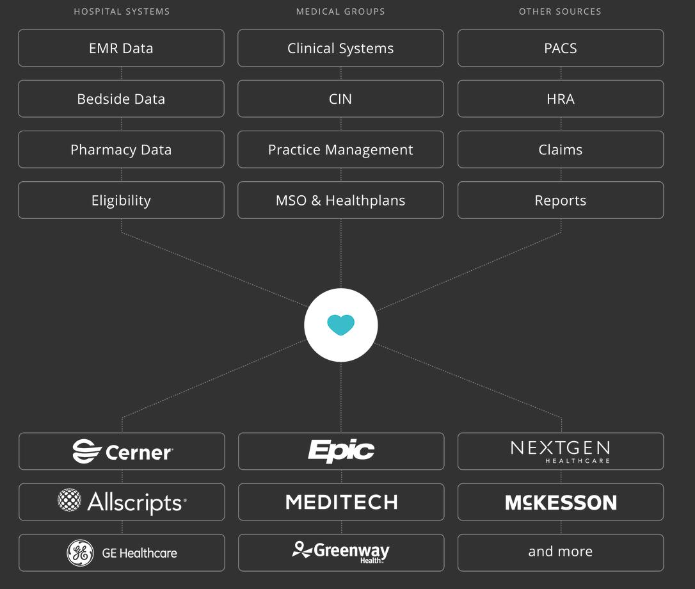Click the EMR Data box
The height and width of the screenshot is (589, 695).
(x=121, y=48)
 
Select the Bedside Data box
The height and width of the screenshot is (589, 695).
(x=121, y=99)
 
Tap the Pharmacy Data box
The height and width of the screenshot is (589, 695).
(x=121, y=150)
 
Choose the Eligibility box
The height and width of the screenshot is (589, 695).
(x=121, y=200)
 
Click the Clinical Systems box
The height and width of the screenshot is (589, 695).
(x=340, y=48)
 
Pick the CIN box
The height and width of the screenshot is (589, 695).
(x=340, y=99)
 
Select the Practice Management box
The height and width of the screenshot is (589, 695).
(x=340, y=150)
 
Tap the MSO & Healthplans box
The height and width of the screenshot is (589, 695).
(x=340, y=200)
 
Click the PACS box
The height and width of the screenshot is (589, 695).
(x=561, y=48)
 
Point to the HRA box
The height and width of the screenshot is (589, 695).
(x=561, y=99)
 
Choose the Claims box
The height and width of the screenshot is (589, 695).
(x=561, y=150)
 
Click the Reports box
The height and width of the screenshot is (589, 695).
(x=561, y=200)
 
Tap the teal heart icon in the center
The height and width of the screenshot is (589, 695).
(x=340, y=325)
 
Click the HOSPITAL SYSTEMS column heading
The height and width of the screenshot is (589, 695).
(x=122, y=12)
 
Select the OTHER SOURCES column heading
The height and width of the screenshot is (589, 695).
(x=560, y=12)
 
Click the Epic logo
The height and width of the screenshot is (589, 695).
(x=341, y=451)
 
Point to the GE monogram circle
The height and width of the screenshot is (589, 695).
(x=80, y=553)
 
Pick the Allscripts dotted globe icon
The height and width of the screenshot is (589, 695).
(x=69, y=500)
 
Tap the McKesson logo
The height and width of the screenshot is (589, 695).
(x=561, y=503)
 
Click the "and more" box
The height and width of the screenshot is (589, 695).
(x=561, y=552)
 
